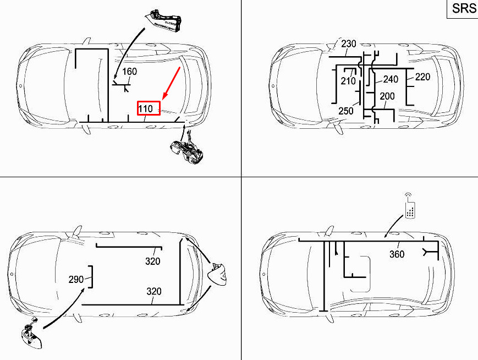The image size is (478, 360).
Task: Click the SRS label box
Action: (463, 9)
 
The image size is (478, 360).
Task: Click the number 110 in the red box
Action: (146, 108)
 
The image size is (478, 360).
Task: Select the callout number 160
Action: (130, 72)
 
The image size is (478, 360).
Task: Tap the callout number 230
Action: (348, 44)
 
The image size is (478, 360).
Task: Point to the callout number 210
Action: (348, 81)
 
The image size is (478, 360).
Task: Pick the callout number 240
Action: (391, 79)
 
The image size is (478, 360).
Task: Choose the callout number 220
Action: (422, 77)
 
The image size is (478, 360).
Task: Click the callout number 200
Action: (387, 96)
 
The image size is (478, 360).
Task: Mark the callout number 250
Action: (346, 111)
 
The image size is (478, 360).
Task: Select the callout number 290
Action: (76, 279)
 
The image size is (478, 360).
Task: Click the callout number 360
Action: (397, 254)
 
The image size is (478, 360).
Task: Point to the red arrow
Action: (171, 83)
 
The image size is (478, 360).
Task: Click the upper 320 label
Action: (153, 261)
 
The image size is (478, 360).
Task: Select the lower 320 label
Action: (154, 291)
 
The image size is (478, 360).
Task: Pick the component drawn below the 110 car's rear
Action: (186, 149)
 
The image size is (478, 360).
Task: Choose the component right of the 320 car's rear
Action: (217, 274)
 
